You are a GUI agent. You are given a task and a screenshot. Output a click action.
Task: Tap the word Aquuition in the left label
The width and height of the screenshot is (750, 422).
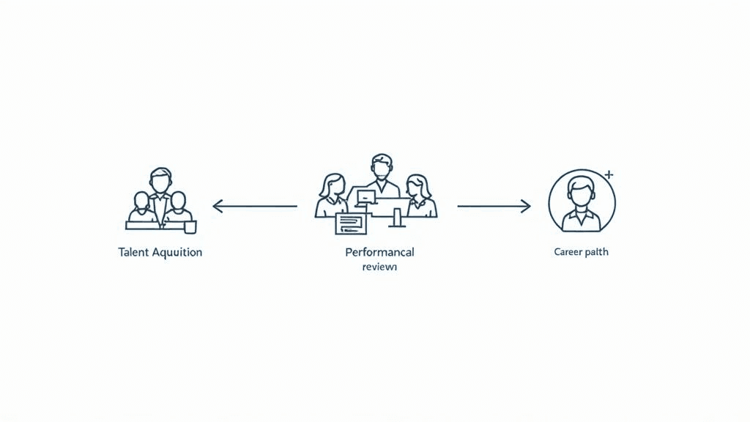pos(177,252)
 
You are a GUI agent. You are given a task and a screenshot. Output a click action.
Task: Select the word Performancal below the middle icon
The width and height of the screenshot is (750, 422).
pos(379,252)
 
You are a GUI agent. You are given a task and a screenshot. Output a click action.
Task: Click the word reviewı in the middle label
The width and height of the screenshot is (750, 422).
pos(379,267)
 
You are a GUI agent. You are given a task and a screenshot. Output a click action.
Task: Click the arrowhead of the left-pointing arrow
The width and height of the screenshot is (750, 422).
pos(216,207)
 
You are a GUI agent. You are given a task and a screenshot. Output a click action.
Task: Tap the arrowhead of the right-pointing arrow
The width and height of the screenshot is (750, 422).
pos(527,207)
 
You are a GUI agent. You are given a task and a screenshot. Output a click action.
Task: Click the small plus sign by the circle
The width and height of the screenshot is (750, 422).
pos(609,174)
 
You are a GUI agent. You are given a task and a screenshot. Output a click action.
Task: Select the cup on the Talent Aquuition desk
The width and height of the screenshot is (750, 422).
pos(190,227)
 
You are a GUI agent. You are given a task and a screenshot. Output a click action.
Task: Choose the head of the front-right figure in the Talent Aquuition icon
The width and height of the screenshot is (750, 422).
pos(178,200)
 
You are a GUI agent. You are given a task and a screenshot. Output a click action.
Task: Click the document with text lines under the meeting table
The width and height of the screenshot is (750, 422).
pos(350,223)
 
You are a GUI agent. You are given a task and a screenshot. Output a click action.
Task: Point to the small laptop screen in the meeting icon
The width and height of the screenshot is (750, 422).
pos(365,196)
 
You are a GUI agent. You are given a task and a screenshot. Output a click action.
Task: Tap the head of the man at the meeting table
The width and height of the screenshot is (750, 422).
pos(382,166)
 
